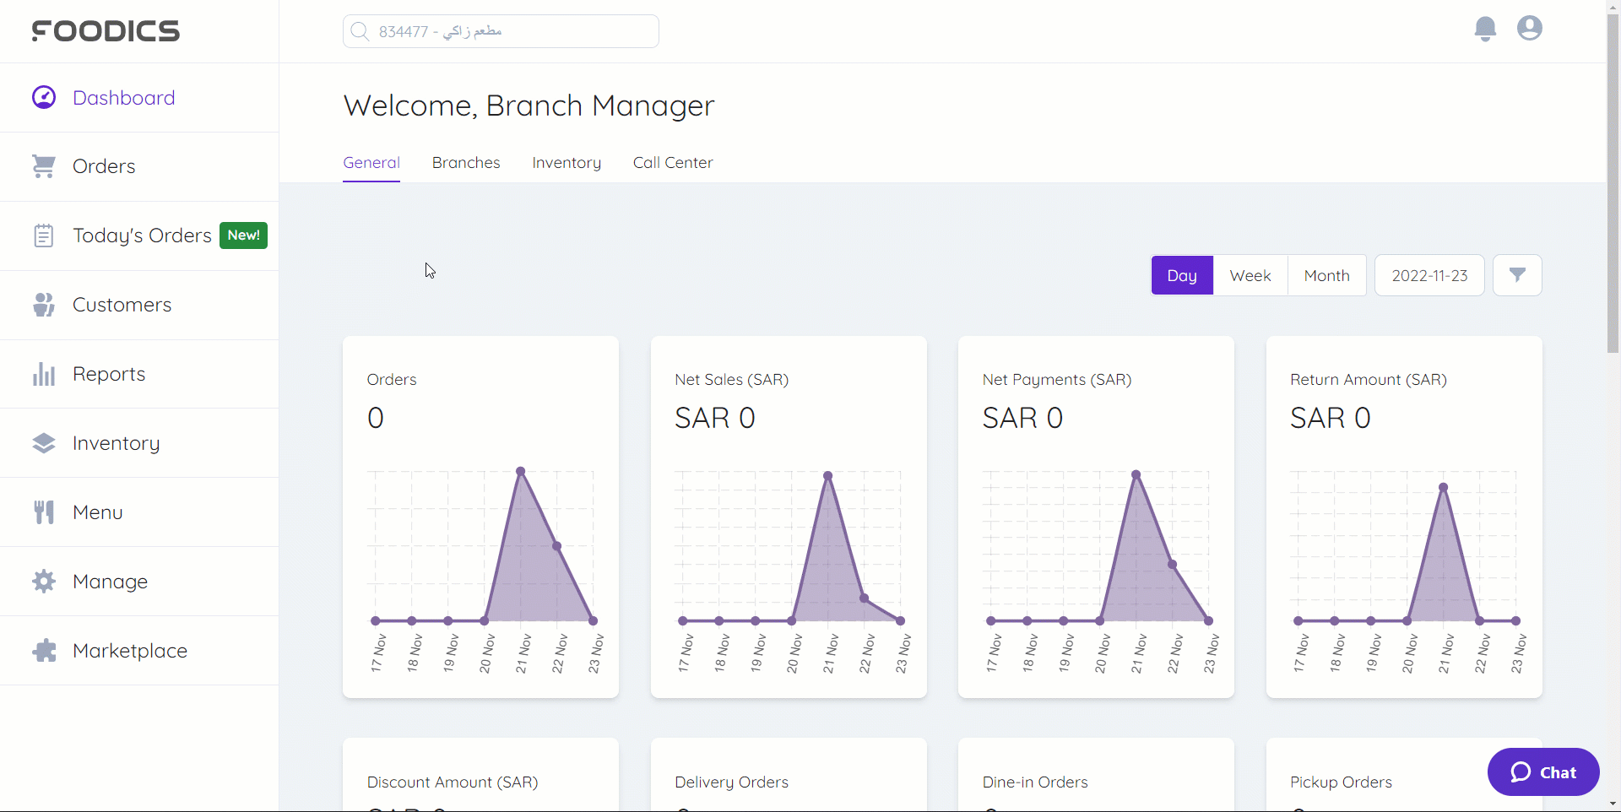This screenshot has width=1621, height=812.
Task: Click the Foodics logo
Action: point(106,31)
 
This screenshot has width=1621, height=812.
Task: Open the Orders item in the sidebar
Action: point(104,166)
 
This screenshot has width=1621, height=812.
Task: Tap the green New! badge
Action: point(243,235)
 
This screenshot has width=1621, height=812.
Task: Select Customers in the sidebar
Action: point(122,305)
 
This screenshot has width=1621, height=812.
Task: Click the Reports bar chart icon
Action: point(44,374)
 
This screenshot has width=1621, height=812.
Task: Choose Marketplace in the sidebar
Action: point(129,651)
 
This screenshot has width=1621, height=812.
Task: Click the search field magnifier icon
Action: point(360,31)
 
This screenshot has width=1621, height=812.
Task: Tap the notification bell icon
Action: point(1485,29)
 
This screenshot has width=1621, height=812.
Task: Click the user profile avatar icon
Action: point(1529,29)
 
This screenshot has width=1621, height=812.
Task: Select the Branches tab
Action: point(466,163)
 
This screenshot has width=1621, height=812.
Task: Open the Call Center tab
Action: point(673,163)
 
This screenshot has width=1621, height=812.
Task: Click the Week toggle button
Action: point(1250,275)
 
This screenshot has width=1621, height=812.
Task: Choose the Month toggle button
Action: point(1326,275)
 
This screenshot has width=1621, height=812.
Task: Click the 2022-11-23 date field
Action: point(1429,275)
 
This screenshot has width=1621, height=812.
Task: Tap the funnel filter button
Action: point(1517,275)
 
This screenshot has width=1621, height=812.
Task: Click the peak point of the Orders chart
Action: point(521,471)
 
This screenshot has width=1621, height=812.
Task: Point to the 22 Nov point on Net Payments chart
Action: point(1173,565)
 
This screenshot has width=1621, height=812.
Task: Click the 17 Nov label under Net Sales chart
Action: point(686,653)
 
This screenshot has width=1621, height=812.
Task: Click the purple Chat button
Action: point(1543,771)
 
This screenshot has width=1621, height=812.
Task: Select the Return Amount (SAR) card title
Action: point(1368,380)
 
